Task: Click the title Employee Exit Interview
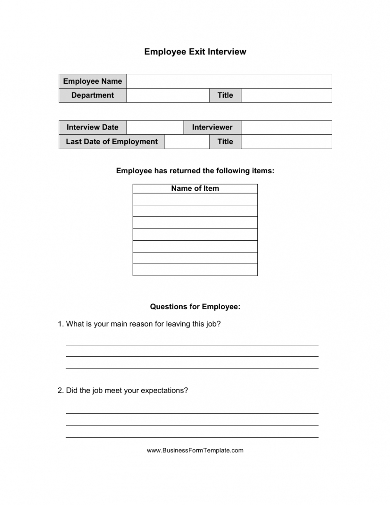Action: [x=195, y=52]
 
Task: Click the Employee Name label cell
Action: [x=92, y=81]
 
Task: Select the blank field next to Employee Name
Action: [x=229, y=81]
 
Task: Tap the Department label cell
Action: [x=92, y=95]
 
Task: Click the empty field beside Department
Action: [x=168, y=95]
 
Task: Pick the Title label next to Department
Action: [x=225, y=95]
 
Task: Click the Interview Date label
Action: [x=92, y=127]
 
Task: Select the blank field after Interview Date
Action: [x=155, y=127]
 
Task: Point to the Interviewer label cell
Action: [x=212, y=127]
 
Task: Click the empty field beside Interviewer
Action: [x=286, y=127]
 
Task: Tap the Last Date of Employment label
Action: [x=111, y=142]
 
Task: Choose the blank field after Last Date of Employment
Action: [x=187, y=142]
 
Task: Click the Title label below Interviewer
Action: [x=225, y=142]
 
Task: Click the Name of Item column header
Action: [x=195, y=188]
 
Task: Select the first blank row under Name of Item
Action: [x=195, y=199]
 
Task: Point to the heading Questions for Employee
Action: [x=195, y=307]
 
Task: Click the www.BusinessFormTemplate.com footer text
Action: [x=195, y=450]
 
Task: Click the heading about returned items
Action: [x=195, y=171]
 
